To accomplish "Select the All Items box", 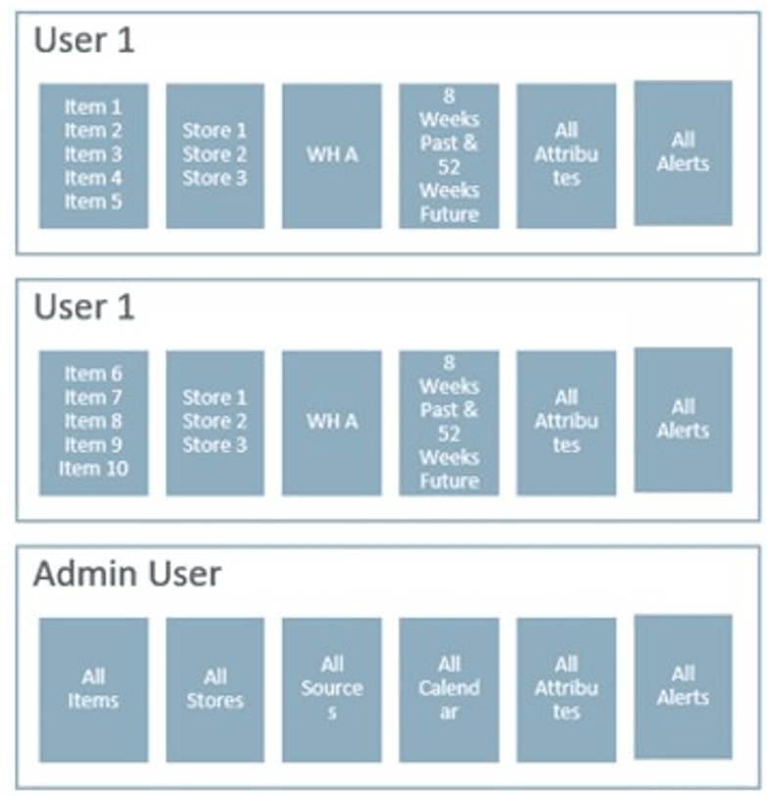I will (x=93, y=689).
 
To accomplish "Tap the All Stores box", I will (x=215, y=689).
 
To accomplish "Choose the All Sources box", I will (x=331, y=689).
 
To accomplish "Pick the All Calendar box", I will (x=449, y=689).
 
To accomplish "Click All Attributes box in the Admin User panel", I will (x=566, y=689).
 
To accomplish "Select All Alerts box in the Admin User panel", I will (x=683, y=685).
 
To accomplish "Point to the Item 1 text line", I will (x=93, y=107).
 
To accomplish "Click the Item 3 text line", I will (x=93, y=154).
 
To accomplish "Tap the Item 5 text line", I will (x=93, y=202).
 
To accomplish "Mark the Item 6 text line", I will (x=93, y=374).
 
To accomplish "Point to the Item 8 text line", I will (x=93, y=421).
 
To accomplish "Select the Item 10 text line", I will (x=93, y=468).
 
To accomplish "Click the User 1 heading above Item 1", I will (x=84, y=41).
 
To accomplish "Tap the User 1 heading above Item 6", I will (x=84, y=307).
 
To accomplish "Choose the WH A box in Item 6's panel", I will (x=331, y=422).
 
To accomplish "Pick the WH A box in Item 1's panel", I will (x=331, y=155).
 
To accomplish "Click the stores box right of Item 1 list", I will (x=215, y=155).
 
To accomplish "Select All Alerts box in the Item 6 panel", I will (x=683, y=419).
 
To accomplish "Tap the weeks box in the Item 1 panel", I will (x=449, y=155).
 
